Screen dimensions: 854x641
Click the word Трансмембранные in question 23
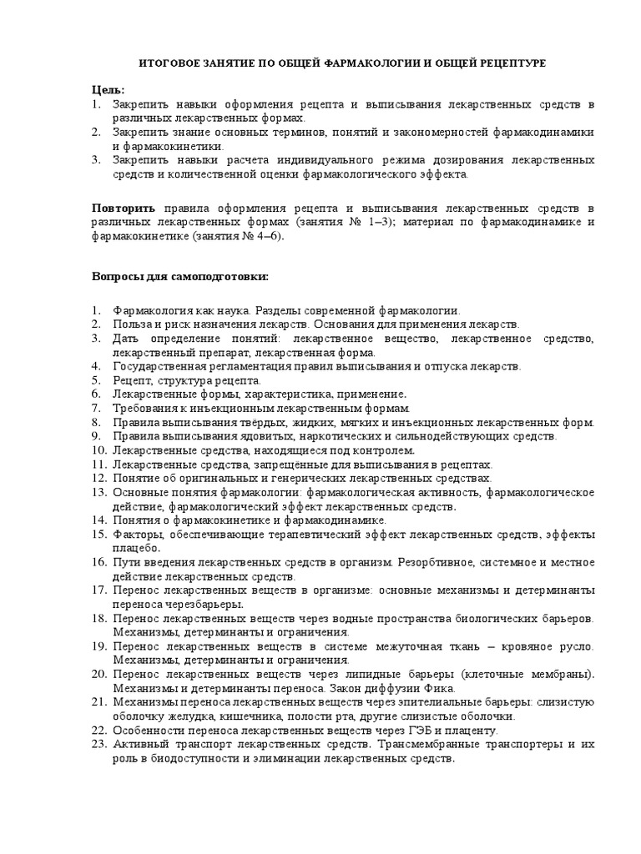(x=435, y=746)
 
